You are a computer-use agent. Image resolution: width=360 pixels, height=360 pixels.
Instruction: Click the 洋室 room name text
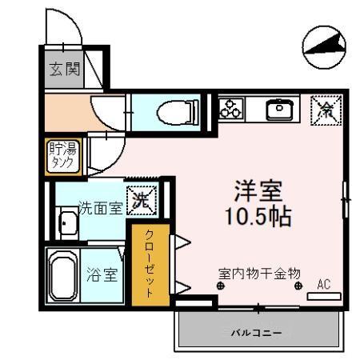coord(257,194)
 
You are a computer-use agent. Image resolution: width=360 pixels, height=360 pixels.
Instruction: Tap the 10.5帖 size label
coord(257,216)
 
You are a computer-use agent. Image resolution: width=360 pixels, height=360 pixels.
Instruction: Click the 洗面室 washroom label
coord(100,209)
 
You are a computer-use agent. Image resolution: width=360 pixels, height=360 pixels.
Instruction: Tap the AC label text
coord(324,283)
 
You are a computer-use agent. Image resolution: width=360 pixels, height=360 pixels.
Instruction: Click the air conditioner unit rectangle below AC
coord(324,296)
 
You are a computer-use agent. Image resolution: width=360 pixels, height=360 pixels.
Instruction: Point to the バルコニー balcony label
coord(257,330)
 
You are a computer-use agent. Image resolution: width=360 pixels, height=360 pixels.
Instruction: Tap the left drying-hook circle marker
coord(220,286)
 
